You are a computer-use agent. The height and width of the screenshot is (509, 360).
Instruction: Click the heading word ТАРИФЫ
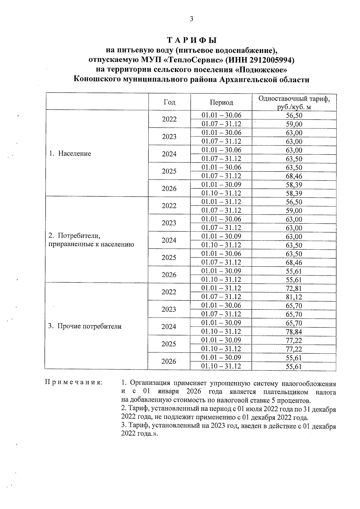pos(191,40)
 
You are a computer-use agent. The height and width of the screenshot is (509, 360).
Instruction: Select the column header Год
pos(169,102)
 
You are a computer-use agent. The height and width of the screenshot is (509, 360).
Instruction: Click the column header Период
pos(221,102)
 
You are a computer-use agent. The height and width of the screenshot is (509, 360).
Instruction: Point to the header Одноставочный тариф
pos(294,99)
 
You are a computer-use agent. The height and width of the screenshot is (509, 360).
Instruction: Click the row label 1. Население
pos(70,154)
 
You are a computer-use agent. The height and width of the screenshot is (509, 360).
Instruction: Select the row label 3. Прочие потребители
pos(85,326)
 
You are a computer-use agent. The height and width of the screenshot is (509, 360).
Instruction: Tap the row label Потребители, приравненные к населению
pos(91,240)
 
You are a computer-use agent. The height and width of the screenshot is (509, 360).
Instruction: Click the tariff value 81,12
pos(294,297)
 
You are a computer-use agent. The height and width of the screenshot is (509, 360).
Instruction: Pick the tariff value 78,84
pos(294,332)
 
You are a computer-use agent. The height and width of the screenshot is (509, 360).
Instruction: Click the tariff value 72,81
pos(294,289)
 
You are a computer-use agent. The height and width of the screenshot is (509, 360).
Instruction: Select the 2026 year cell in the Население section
pos(169,189)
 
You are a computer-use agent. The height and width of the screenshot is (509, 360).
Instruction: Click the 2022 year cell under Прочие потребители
pos(169,292)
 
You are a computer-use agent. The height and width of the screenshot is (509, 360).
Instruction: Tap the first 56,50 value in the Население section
pos(294,115)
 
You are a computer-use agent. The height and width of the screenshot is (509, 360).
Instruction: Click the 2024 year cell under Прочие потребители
pos(169,327)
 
